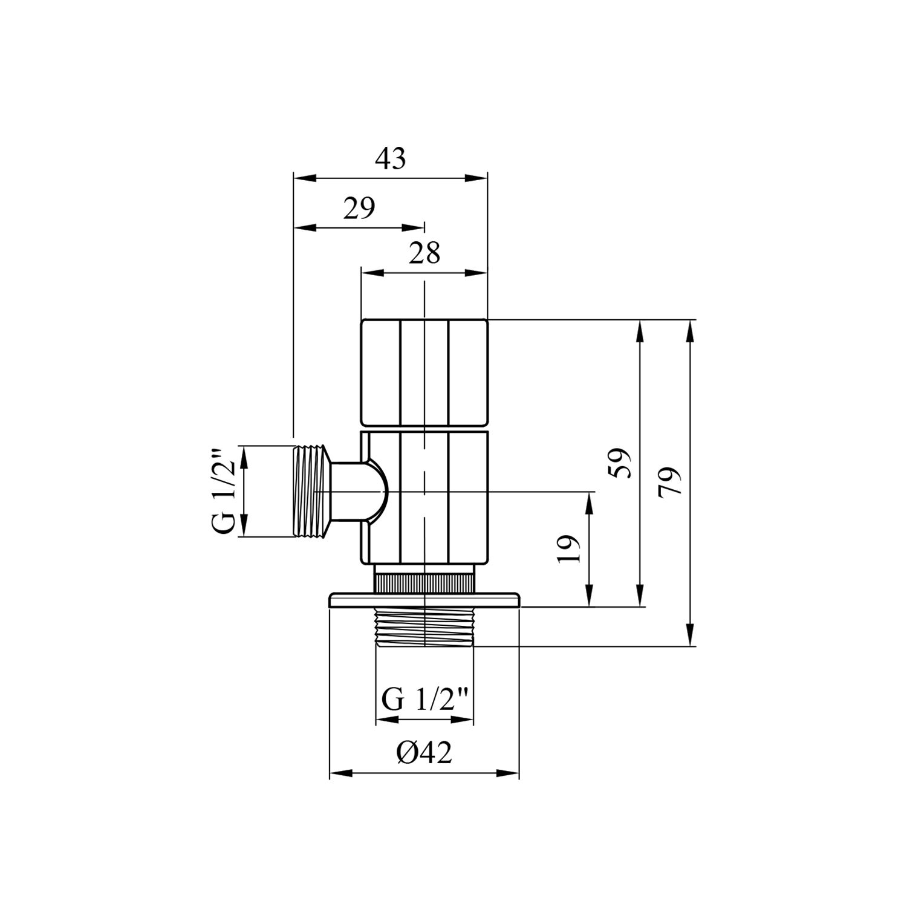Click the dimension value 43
pyautogui.click(x=391, y=159)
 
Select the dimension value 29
pyautogui.click(x=359, y=209)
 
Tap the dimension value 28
pyautogui.click(x=424, y=253)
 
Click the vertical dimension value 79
pyautogui.click(x=670, y=481)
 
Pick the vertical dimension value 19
pyautogui.click(x=569, y=549)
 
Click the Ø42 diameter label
pyautogui.click(x=424, y=753)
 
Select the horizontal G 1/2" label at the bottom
pyautogui.click(x=425, y=700)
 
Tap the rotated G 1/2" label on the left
pyautogui.click(x=223, y=491)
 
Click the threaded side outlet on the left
pyautogui.click(x=312, y=491)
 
